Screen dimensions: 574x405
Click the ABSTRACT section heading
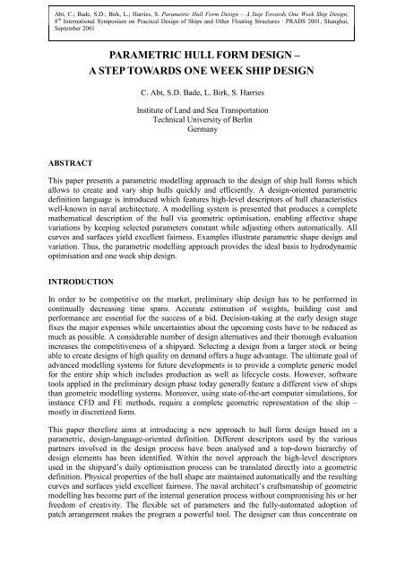54,164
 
